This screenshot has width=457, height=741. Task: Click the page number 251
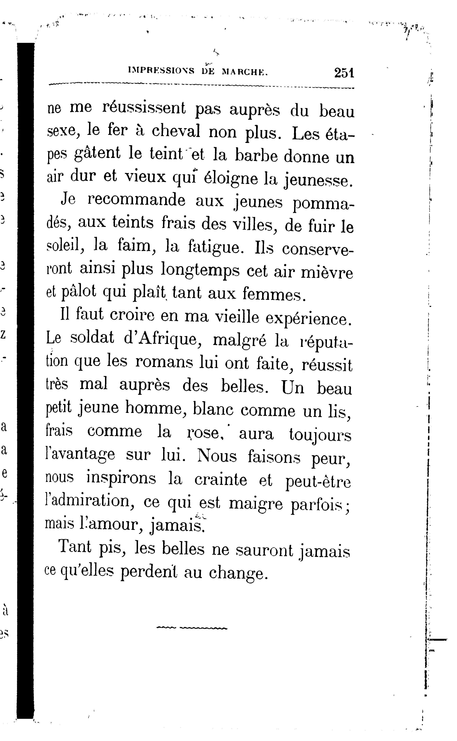[x=344, y=73]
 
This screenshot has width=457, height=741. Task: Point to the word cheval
[x=176, y=131]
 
